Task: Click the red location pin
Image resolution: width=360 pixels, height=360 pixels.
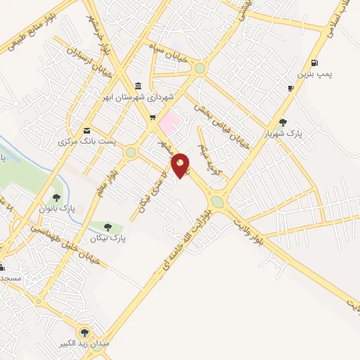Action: [181, 165]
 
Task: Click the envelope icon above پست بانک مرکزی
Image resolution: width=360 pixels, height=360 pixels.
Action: [86, 130]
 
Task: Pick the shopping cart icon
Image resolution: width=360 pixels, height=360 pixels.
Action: [153, 117]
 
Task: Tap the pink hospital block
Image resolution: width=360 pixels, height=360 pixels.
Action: [168, 122]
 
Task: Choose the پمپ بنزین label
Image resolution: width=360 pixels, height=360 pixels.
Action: [314, 72]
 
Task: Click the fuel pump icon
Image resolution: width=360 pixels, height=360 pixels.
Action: [314, 61]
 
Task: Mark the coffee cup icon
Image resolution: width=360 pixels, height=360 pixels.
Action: [290, 88]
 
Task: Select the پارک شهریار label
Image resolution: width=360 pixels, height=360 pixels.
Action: [283, 133]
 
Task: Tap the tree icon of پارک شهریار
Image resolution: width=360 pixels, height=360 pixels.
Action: [283, 122]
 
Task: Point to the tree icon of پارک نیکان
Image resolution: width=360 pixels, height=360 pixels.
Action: [108, 227]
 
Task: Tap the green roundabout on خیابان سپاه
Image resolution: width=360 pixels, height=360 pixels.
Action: [200, 68]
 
